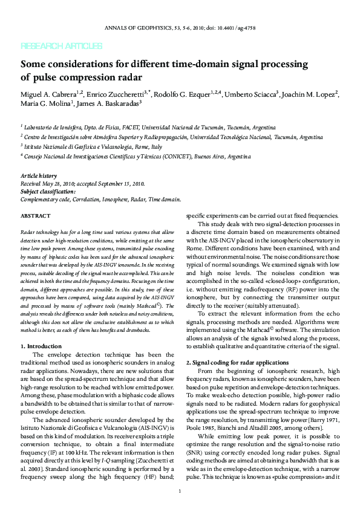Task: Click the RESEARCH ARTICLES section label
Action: tap(61, 46)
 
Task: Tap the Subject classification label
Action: tap(48, 190)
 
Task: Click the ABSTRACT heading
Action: tap(36, 216)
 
